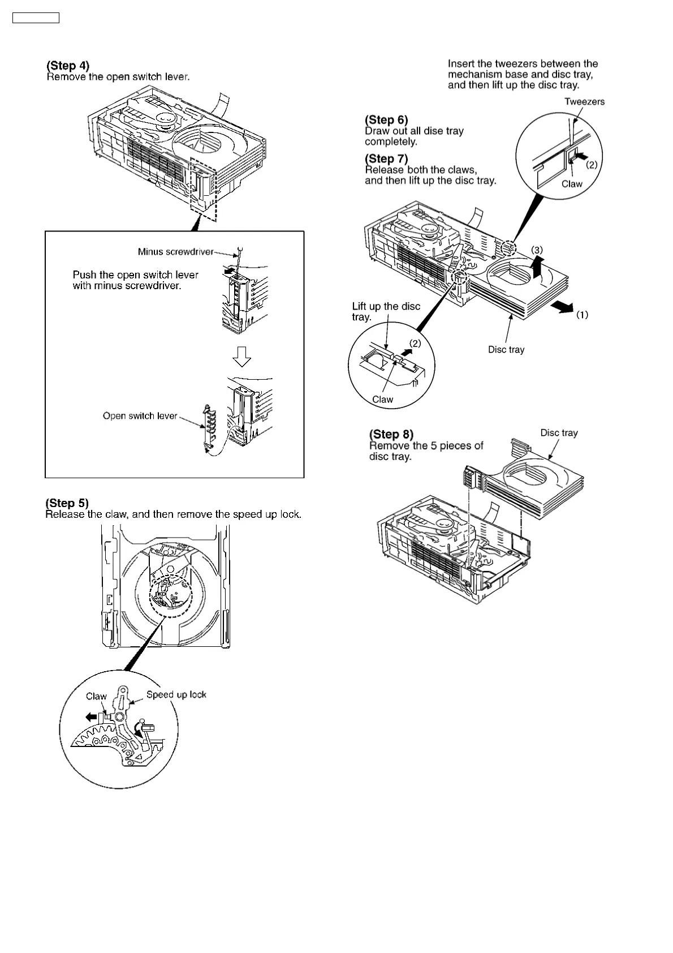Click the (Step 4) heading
[x=68, y=66]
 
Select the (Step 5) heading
[x=67, y=503]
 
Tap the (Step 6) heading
[x=386, y=119]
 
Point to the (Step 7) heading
[x=386, y=158]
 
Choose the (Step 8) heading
[x=391, y=434]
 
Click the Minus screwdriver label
[x=175, y=252]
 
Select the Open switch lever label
[x=140, y=416]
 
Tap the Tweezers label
[x=584, y=102]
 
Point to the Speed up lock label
[x=176, y=695]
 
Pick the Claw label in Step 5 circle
[x=96, y=697]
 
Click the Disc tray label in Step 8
[x=559, y=433]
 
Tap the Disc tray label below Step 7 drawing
[x=506, y=350]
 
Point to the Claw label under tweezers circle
[x=572, y=184]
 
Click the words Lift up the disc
[x=386, y=307]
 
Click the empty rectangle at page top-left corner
[x=36, y=18]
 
